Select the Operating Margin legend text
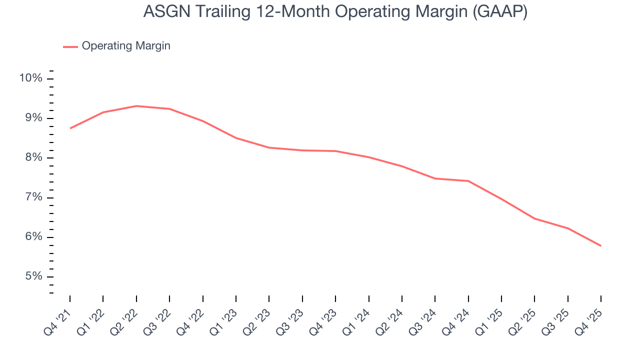[126, 46]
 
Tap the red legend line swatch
[70, 46]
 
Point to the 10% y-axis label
[30, 78]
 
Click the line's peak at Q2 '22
[136, 106]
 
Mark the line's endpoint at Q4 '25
[600, 245]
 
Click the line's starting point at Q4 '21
[70, 128]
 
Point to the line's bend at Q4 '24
[468, 181]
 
